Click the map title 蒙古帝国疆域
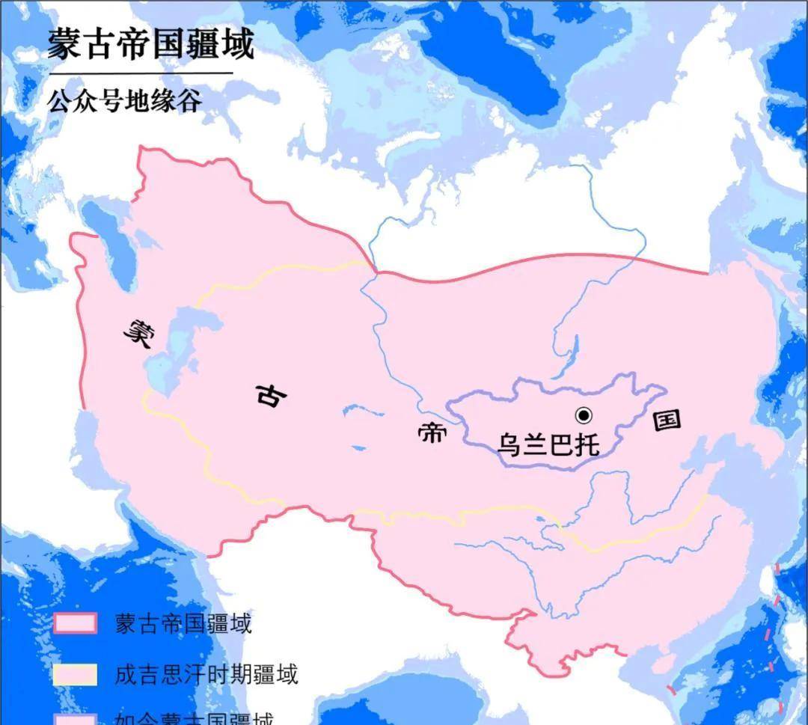click(x=150, y=44)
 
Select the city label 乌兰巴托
click(x=548, y=444)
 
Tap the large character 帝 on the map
click(x=431, y=434)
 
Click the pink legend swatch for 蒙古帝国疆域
click(x=75, y=623)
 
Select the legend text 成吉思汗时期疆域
click(x=206, y=674)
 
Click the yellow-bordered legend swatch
click(x=75, y=674)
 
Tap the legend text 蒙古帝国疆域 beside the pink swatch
click(x=183, y=623)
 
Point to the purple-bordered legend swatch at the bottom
click(x=75, y=719)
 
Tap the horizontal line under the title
click(x=141, y=73)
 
